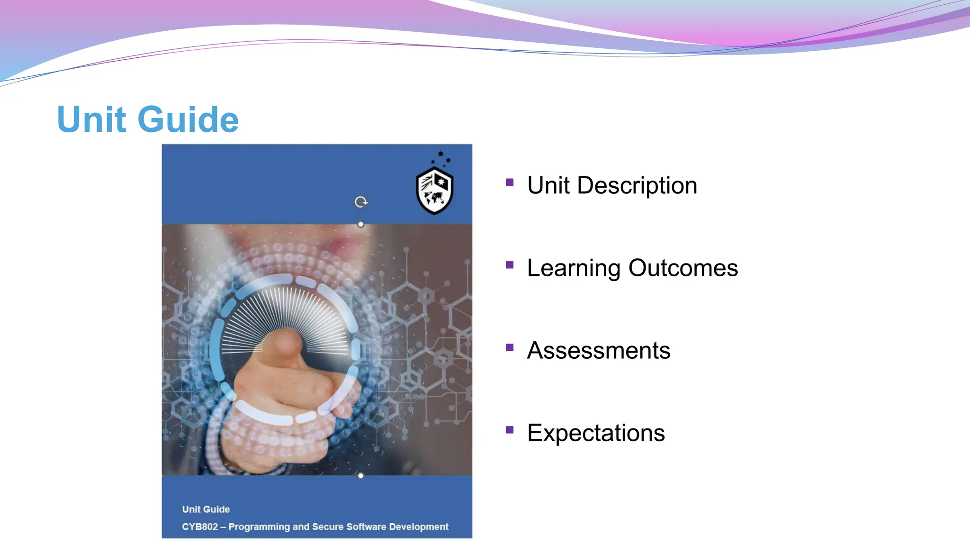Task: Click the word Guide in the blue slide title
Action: [188, 119]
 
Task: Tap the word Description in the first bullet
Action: [637, 185]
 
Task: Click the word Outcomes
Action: [683, 268]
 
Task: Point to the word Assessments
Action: [599, 351]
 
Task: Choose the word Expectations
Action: [596, 433]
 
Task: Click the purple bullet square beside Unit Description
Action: [510, 182]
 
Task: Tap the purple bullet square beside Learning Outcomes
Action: [510, 265]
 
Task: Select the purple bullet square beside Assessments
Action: [510, 347]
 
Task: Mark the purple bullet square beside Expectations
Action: [510, 430]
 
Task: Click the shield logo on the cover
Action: [434, 191]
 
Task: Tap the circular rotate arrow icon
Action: [361, 202]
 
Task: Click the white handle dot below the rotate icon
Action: [361, 224]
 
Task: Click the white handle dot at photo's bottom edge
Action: [361, 475]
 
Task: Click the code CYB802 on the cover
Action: [199, 527]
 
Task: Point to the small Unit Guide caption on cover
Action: [206, 510]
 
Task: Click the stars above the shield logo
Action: [441, 158]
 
